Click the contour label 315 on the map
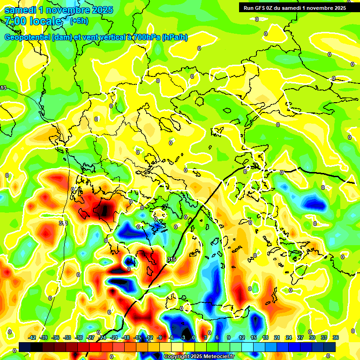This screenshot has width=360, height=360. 172,259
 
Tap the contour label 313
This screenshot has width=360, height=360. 63,223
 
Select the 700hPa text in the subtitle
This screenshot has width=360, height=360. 145,37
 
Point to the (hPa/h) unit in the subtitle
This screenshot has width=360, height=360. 174,37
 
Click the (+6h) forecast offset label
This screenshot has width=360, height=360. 79,21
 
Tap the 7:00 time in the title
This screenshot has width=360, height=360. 15,21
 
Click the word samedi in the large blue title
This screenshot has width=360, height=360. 21,10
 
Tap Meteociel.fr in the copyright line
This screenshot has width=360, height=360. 217,357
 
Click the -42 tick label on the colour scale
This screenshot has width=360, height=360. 32,337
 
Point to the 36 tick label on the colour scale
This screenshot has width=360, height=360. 336,337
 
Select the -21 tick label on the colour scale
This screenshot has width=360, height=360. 114,337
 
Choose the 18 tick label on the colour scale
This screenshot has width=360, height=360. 265,337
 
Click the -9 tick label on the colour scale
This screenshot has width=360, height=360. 159,337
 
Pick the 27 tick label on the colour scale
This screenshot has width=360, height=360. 300,337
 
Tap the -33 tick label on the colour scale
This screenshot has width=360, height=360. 67,337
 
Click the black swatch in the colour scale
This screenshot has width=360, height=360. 37,347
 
